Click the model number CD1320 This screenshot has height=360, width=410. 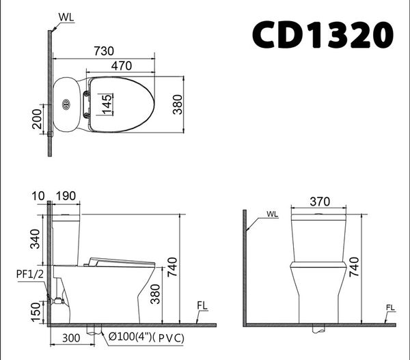pos(323,35)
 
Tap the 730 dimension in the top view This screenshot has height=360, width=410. pos(104,51)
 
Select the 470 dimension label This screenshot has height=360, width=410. pos(122,66)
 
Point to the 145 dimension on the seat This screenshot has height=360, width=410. pos(107,105)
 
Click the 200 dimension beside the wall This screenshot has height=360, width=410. pos(37,119)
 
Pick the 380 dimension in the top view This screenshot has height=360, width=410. pos(178,105)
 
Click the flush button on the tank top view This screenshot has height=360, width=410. pos(66,105)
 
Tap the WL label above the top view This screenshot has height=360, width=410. pos(66,17)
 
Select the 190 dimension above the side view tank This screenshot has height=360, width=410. pos(66,196)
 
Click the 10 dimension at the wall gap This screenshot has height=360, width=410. pos(38,196)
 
